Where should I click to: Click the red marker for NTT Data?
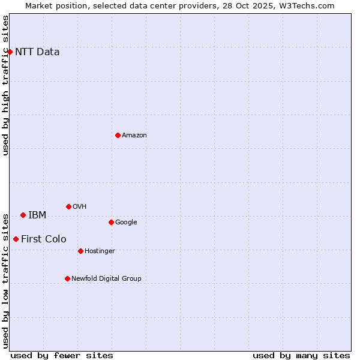(x=10, y=52)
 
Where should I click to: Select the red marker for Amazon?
(x=118, y=135)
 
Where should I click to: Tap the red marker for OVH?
(x=68, y=206)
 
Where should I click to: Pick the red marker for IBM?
(x=23, y=215)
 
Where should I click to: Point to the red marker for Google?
(x=111, y=222)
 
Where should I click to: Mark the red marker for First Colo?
(x=16, y=239)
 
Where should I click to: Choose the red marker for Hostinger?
(x=80, y=251)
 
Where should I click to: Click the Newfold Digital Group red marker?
(x=67, y=278)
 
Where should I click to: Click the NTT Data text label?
(x=37, y=52)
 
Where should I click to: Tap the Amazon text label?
(x=134, y=136)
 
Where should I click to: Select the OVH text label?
(x=80, y=207)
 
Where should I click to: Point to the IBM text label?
(x=37, y=215)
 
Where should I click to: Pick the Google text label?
(x=126, y=223)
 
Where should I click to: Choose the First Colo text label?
(x=44, y=239)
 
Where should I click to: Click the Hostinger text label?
(x=100, y=251)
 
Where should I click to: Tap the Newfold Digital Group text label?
(x=106, y=279)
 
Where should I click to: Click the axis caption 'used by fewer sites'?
(x=62, y=355)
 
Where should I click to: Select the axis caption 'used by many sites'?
(x=301, y=355)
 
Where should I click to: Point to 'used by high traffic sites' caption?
(x=5, y=85)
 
